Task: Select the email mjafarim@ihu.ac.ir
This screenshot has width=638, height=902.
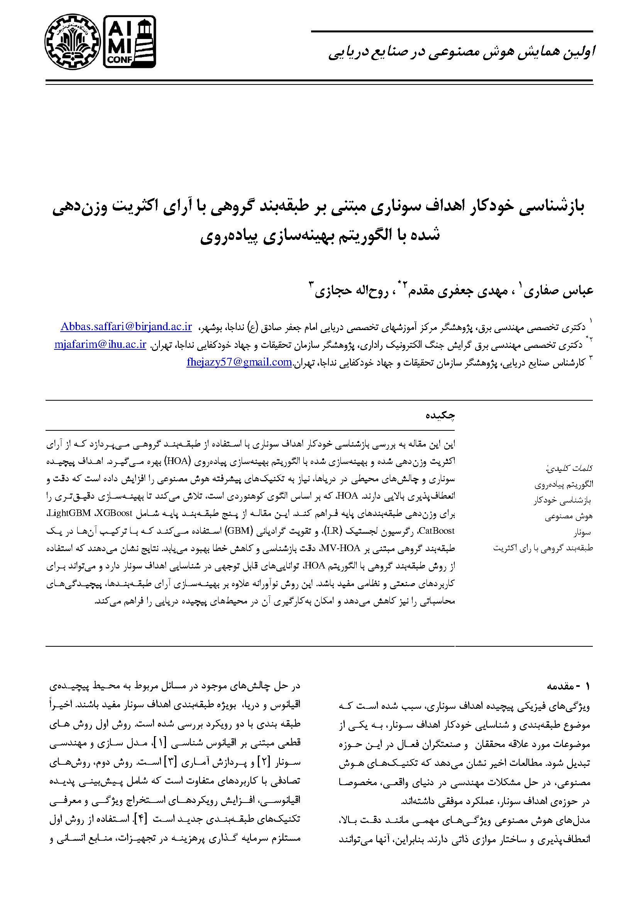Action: click(x=100, y=344)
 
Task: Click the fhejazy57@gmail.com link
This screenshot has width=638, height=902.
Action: click(x=239, y=362)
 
